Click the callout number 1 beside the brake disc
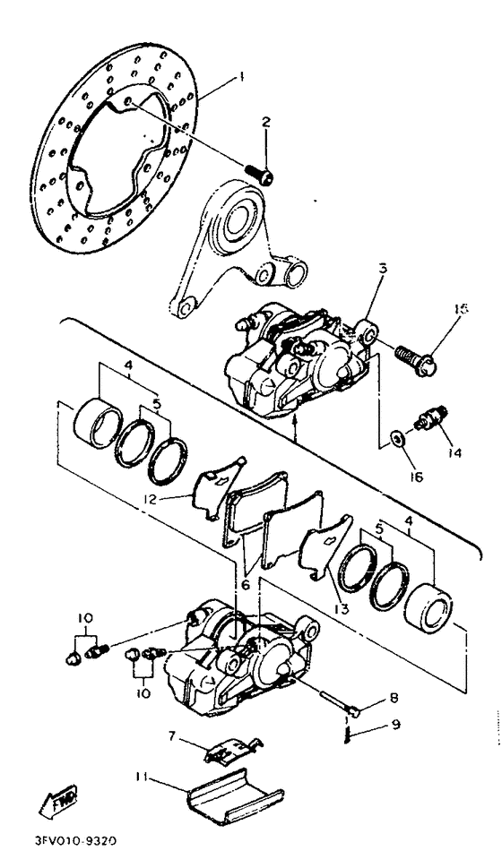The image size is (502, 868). (240, 78)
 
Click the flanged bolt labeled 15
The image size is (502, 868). (416, 359)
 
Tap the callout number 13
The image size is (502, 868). (341, 609)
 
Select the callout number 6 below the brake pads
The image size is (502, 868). (245, 585)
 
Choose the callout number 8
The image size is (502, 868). (394, 699)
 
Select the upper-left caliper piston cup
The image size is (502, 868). (98, 423)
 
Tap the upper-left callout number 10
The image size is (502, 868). (85, 617)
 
